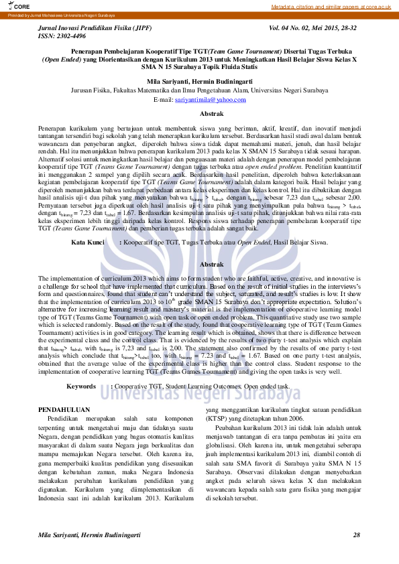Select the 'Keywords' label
coord(81,386)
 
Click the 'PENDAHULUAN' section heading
coord(64,408)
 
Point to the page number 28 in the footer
coord(356,534)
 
